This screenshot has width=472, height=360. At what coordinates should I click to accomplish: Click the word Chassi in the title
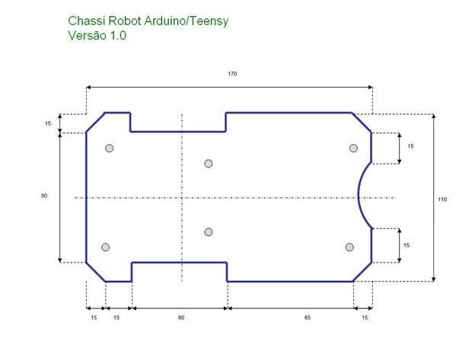click(x=86, y=21)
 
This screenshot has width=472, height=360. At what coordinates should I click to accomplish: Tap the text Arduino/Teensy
click(x=187, y=21)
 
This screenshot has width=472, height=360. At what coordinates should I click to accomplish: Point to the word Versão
click(x=88, y=35)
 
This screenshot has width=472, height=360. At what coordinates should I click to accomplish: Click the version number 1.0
click(x=118, y=36)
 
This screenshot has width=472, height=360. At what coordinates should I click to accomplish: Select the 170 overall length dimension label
click(x=232, y=74)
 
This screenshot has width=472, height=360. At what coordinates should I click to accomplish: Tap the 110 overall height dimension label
click(x=442, y=199)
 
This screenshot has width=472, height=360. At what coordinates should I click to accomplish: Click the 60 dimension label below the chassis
click(x=181, y=317)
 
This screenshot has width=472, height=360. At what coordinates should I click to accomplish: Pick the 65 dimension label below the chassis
click(x=307, y=317)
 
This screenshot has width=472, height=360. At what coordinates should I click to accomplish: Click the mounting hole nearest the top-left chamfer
click(x=110, y=148)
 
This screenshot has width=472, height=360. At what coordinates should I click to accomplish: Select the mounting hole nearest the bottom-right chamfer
click(x=349, y=247)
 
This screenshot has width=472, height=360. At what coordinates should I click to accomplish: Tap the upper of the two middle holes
click(x=209, y=164)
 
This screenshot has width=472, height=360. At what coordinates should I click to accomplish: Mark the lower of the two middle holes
click(x=209, y=232)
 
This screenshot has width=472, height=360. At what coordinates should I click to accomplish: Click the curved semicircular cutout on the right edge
click(x=359, y=195)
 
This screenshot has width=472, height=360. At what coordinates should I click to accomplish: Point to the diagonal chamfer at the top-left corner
click(x=95, y=123)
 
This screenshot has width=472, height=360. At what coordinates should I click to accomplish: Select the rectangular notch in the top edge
click(x=178, y=132)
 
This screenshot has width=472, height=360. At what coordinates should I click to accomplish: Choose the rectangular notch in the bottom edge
click(x=180, y=263)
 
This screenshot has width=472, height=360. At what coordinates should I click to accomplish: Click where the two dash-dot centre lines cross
click(x=182, y=198)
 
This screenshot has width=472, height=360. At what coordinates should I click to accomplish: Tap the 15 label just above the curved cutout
click(x=410, y=146)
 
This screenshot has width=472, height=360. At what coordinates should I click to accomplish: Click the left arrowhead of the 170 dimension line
click(x=88, y=88)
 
